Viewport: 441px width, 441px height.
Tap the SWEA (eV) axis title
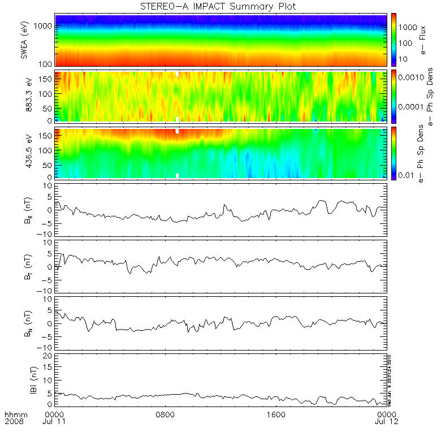(24, 40)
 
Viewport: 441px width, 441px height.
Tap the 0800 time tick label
(166, 414)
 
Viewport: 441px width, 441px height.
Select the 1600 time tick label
(277, 414)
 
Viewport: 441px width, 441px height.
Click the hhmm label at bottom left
(15, 414)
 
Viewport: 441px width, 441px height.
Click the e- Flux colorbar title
(423, 40)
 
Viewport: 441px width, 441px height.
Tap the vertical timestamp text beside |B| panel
(390, 379)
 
